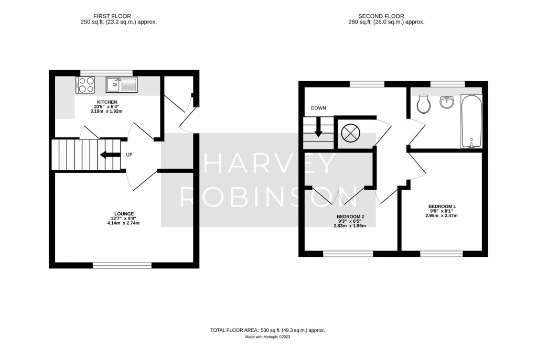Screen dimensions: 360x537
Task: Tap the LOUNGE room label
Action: click(x=124, y=213)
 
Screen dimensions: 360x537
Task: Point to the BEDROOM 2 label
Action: click(x=350, y=216)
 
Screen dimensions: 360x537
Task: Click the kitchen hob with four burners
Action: click(x=85, y=84)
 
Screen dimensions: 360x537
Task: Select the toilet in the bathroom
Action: click(x=424, y=104)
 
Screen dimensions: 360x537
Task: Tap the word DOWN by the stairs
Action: click(x=318, y=108)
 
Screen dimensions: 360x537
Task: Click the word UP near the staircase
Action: click(x=129, y=155)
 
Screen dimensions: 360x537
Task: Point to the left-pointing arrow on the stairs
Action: click(x=109, y=155)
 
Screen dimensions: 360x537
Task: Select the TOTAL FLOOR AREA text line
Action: click(x=267, y=330)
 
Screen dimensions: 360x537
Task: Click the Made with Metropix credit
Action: click(x=267, y=337)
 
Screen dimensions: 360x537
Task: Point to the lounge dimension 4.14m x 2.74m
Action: click(x=124, y=223)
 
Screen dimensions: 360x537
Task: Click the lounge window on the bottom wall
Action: click(x=123, y=265)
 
